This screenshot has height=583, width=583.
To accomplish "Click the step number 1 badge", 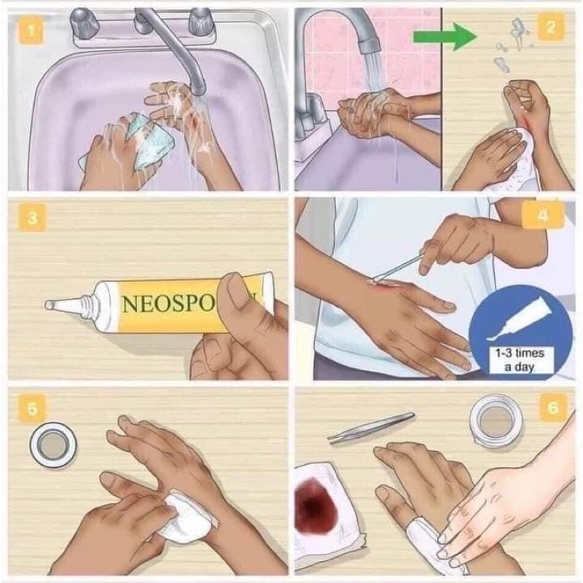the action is pyautogui.click(x=31, y=32).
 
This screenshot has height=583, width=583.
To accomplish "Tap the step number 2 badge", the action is pyautogui.click(x=551, y=27).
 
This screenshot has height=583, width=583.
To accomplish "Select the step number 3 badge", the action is pyautogui.click(x=33, y=217).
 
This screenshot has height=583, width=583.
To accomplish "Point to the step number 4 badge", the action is pyautogui.click(x=542, y=216).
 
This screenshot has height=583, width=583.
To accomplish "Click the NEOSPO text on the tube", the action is pyautogui.click(x=169, y=305).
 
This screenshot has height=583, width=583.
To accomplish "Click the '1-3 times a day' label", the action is pyautogui.click(x=520, y=359).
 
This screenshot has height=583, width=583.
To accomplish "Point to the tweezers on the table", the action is pyautogui.click(x=371, y=428).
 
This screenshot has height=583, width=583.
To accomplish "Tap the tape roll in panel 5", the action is pyautogui.click(x=53, y=445).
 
